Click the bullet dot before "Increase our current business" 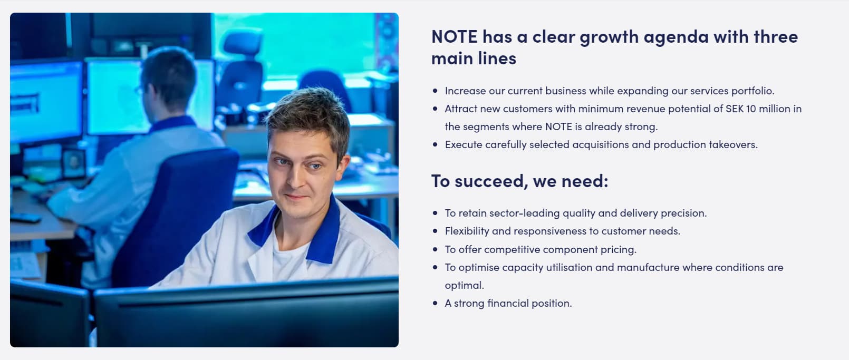(435, 91)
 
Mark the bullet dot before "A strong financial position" (435, 303)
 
